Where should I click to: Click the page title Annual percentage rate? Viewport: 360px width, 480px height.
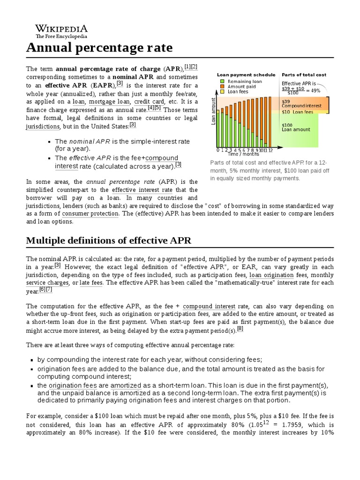click(x=99, y=48)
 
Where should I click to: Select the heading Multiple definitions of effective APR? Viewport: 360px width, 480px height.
click(x=109, y=240)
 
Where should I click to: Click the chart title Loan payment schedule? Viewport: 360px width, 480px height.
click(x=246, y=75)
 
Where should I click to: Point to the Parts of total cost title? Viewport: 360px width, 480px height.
click(x=304, y=75)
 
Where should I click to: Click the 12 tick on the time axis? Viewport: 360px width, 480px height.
click(x=270, y=150)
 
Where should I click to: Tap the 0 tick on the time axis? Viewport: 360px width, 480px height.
click(x=217, y=150)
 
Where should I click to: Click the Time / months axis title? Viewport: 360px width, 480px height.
click(x=243, y=154)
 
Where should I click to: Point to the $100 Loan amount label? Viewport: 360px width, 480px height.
click(x=296, y=127)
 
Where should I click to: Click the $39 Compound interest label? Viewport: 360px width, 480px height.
click(x=301, y=104)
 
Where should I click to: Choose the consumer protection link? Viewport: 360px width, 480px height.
click(x=90, y=214)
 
